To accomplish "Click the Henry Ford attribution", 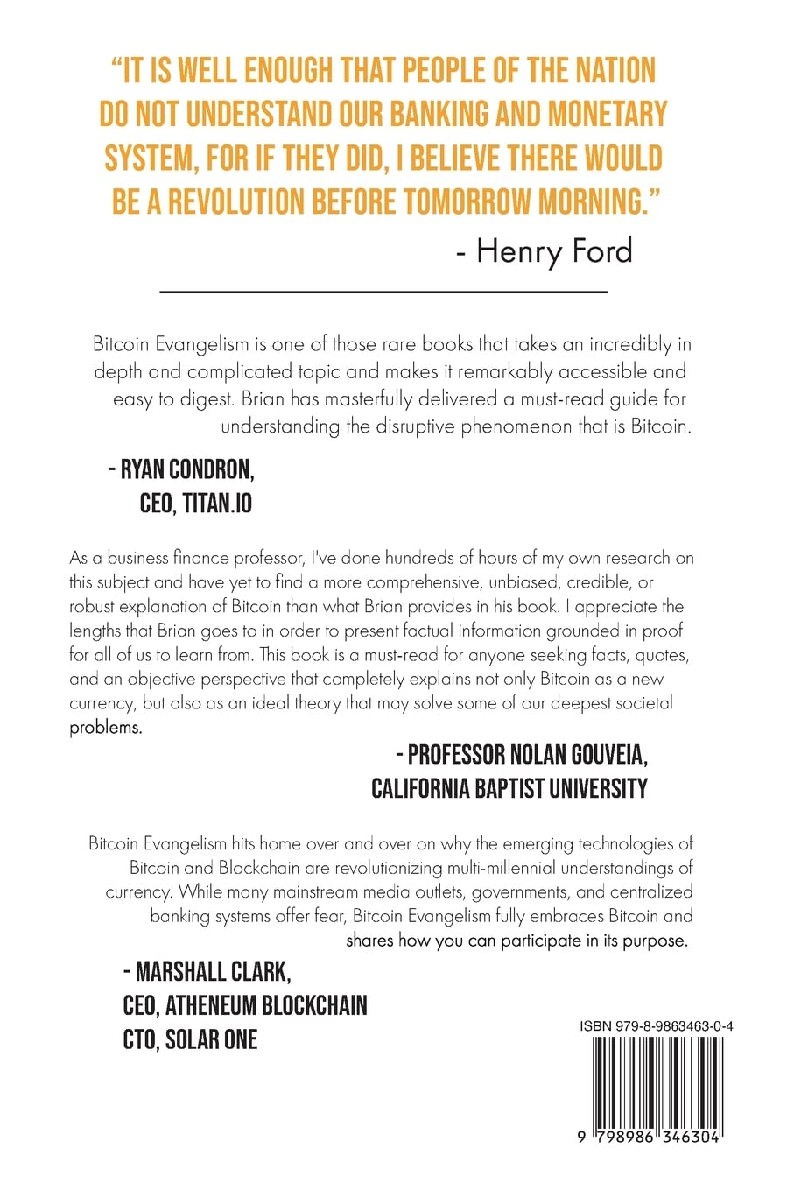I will [545, 251].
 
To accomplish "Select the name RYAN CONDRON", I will [187, 469].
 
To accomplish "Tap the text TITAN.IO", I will [217, 504].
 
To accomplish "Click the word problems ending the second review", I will [105, 728].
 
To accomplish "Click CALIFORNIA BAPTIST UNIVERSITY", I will [509, 788].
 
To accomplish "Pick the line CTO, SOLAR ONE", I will [190, 1039].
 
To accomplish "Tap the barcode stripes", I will [656, 1082].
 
